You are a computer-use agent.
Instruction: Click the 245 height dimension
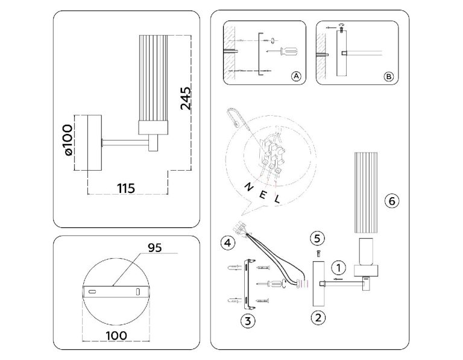[186, 98]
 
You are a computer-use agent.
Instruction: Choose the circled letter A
[295, 77]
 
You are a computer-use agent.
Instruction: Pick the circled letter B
[388, 77]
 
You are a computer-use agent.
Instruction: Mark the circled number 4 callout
[227, 243]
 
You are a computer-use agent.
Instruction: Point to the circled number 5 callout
[319, 236]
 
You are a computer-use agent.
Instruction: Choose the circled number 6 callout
[392, 201]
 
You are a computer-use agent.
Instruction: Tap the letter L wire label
[277, 198]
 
